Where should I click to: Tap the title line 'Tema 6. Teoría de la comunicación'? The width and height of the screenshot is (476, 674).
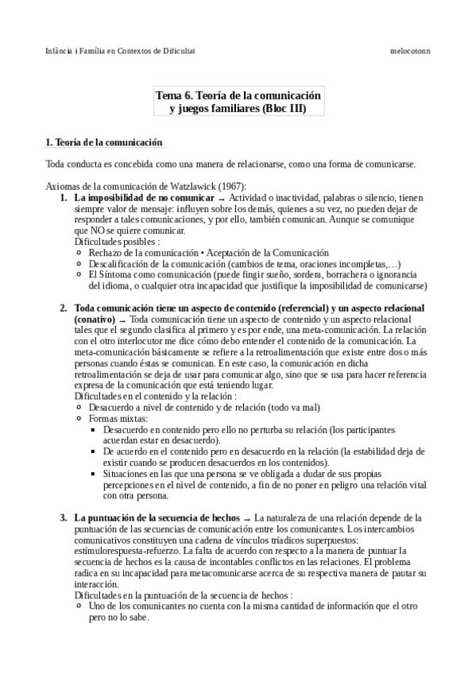click(238, 95)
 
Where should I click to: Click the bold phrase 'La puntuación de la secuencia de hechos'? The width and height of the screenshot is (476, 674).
click(156, 517)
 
